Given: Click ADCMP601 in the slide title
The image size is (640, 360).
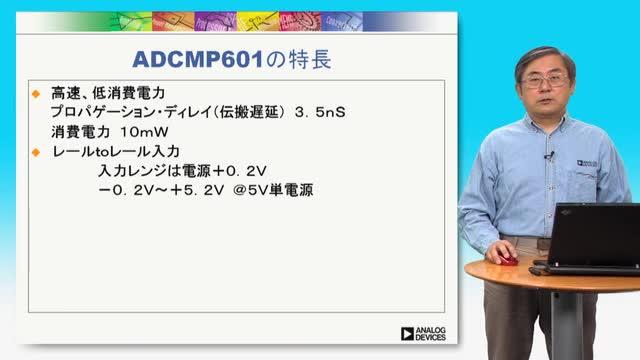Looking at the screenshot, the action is click(x=198, y=60).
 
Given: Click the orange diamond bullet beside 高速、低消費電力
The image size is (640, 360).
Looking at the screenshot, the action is click(x=36, y=94).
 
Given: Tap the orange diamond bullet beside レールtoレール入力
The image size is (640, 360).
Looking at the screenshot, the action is click(x=36, y=152).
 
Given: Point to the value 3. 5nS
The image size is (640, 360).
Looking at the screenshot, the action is click(x=320, y=112).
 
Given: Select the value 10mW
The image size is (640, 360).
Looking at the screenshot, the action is click(x=144, y=132).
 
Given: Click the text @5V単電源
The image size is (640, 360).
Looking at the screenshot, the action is click(x=273, y=190).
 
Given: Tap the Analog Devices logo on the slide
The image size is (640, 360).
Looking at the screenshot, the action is click(x=423, y=333).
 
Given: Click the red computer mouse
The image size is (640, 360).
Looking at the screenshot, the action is click(x=508, y=259).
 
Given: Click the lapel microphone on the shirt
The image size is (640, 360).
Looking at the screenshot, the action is click(x=549, y=156).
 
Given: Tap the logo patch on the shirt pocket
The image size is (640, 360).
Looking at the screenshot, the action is click(x=587, y=163).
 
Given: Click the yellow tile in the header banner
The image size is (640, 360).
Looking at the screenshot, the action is click(x=258, y=22).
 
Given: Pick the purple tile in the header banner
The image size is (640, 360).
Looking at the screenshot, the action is click(x=216, y=22).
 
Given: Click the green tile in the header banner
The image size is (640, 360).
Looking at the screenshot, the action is click(x=131, y=22).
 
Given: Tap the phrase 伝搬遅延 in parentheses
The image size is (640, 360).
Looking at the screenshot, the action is click(x=249, y=112).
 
